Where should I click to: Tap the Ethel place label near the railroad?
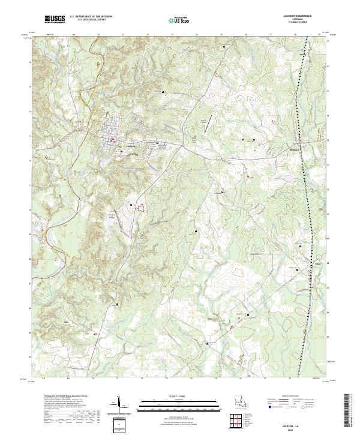click(302, 262)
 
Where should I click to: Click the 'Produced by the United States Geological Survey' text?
click(63, 397)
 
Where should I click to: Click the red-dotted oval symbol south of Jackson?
click(142, 208)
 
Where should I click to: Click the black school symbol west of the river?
click(47, 158)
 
